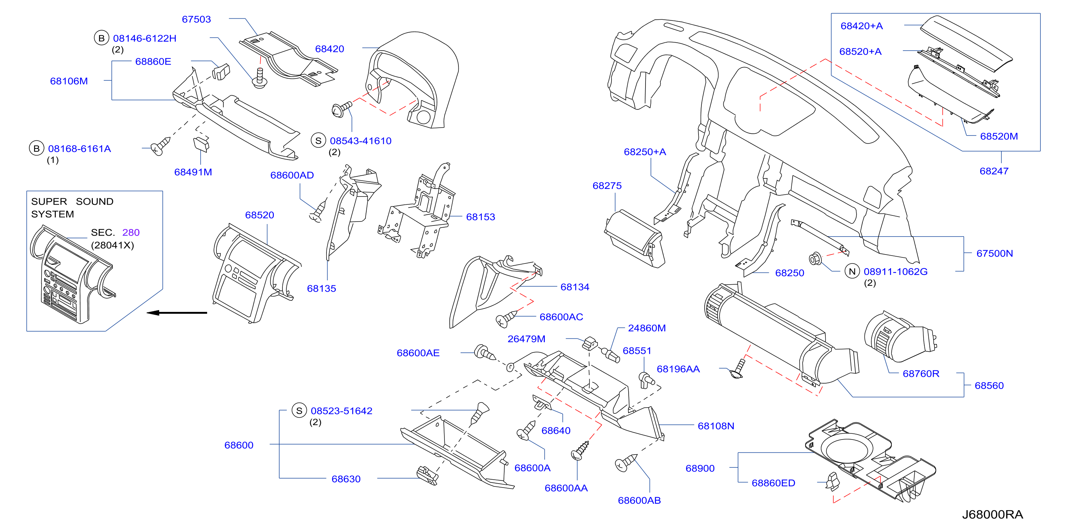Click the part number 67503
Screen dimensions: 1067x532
pos(196,19)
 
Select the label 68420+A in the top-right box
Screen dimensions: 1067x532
pos(862,26)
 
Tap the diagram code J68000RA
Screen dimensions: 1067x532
pos(992,514)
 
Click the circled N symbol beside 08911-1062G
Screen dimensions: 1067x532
pos(852,271)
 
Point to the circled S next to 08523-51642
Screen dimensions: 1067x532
pos(299,410)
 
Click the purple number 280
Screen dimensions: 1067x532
pos(131,232)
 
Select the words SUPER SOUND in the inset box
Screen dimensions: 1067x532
pos(72,202)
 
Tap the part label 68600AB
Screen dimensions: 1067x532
pos(639,500)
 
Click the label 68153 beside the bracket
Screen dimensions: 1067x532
pos(481,217)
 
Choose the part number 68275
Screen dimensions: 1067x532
pos(607,186)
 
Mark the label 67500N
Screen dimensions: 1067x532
pos(995,253)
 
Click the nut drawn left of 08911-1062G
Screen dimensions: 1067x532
pos(815,258)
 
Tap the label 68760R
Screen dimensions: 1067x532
pos(921,374)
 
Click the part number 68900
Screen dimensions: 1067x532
pos(700,469)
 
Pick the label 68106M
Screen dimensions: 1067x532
pos(69,81)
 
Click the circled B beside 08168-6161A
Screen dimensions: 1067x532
pos(37,148)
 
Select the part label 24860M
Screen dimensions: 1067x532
pos(647,328)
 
